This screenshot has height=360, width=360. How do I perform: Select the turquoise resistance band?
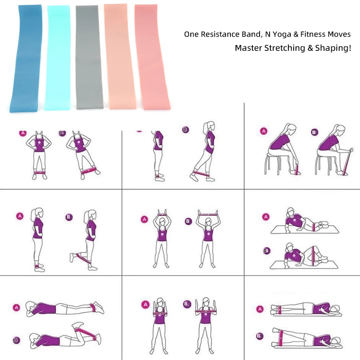pyautogui.click(x=58, y=58)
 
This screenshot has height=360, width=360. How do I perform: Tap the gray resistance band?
pyautogui.click(x=88, y=58)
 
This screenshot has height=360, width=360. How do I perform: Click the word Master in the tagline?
pyautogui.click(x=248, y=48)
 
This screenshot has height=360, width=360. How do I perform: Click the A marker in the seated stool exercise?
pyautogui.click(x=263, y=131)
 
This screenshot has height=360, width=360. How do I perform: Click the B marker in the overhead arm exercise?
pyautogui.click(x=188, y=221)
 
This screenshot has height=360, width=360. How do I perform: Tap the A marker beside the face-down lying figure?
pyautogui.click(x=16, y=308)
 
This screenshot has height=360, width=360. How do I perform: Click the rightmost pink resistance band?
pyautogui.click(x=152, y=58)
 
